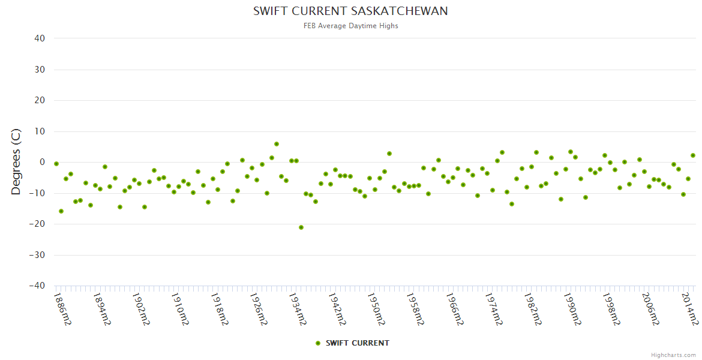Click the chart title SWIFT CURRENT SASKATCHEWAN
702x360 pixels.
coord(350,11)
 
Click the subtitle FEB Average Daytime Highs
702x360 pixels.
coord(350,26)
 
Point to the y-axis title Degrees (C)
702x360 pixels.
coord(16,162)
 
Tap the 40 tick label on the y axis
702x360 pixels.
coord(40,38)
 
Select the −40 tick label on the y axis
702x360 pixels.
coord(37,286)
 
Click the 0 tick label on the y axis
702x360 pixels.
coord(42,162)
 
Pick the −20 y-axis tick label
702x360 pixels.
coord(37,224)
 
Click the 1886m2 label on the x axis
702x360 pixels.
coord(62,309)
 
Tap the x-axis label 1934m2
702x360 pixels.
coord(298,309)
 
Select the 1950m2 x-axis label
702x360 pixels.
coord(376,309)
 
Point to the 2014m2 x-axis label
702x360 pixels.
coord(689,309)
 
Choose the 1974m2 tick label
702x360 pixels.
coord(494,309)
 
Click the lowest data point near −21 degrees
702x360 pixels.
coord(301,227)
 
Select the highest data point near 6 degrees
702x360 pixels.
coord(277,144)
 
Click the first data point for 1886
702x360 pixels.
coord(56,164)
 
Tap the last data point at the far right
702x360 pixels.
coord(693,155)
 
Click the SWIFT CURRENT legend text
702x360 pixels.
coord(357,343)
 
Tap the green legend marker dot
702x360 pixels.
coord(318,343)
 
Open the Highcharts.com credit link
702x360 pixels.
coord(673,355)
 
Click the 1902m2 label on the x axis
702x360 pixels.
coord(141,309)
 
